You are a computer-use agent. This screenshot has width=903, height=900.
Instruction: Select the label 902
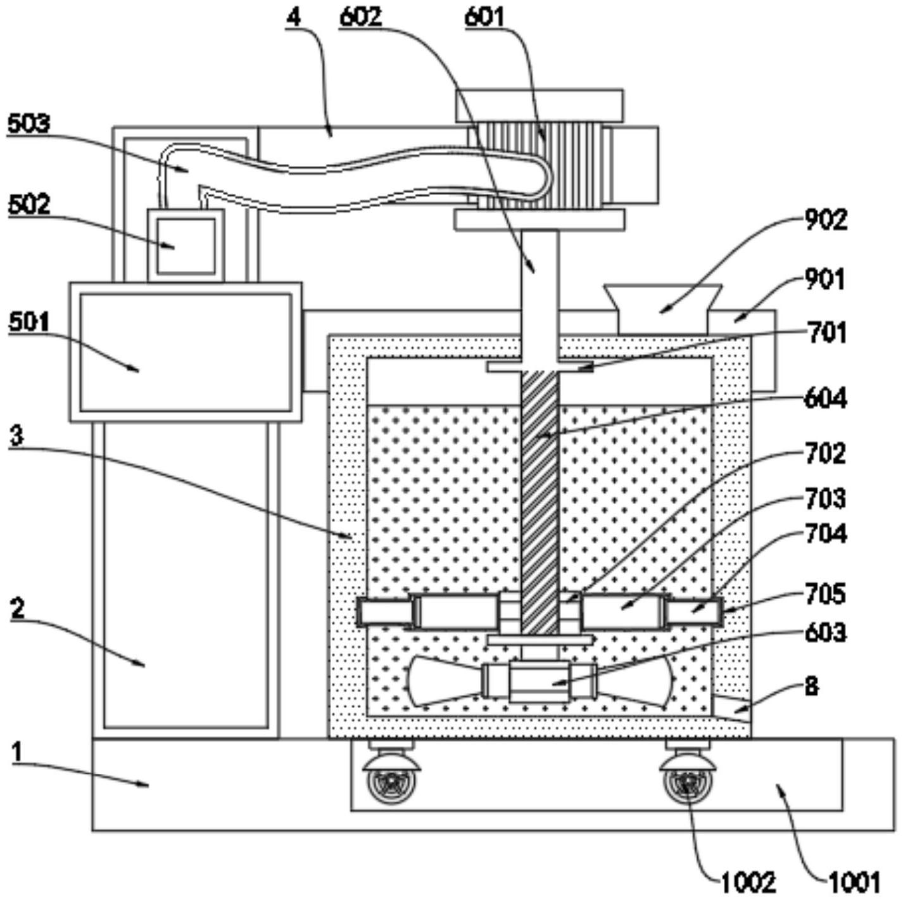(x=826, y=220)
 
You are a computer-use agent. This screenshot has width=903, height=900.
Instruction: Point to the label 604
(x=826, y=399)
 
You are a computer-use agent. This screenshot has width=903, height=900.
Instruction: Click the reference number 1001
(x=853, y=881)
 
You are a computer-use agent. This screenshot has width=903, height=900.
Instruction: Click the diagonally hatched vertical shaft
(x=540, y=500)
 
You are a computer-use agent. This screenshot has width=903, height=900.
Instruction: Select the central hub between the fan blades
(x=539, y=681)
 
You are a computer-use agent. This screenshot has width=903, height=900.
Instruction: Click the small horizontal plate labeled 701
(x=539, y=367)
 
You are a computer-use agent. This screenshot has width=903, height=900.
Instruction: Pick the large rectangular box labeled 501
(x=186, y=352)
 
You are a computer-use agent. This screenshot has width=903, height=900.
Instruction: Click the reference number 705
(x=826, y=594)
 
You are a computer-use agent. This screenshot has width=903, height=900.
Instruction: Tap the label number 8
(x=812, y=686)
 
